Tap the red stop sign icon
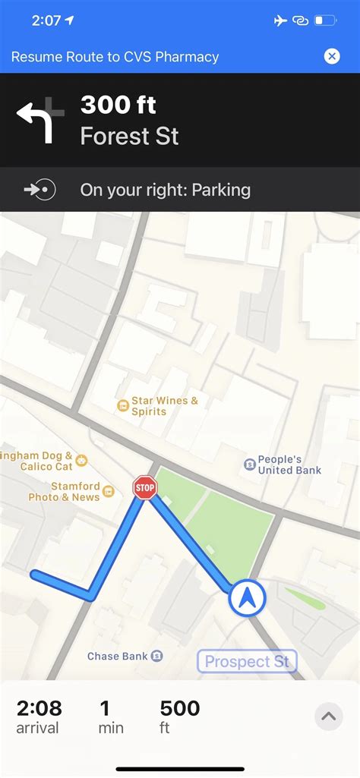pos(144,487)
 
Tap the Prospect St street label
pos(247,661)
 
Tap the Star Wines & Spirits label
pos(164,405)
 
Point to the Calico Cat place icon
pos(81,460)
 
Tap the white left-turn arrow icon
pos(39,120)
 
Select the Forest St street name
pos(130,137)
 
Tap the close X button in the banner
pos(332,56)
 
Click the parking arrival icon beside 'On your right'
pos(40,190)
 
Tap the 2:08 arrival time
pos(39,709)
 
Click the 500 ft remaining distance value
pos(180,709)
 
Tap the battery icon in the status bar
pos(326,20)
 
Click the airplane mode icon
pos(281,20)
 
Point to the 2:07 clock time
pos(46,20)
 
